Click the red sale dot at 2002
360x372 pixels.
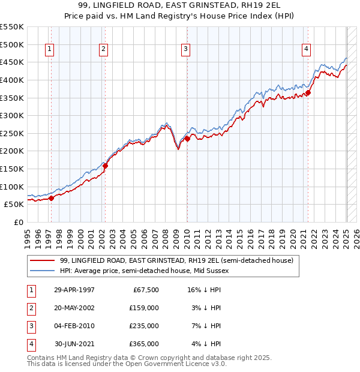click(x=105, y=166)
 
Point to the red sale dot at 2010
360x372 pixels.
click(x=187, y=139)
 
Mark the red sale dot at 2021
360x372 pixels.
click(x=308, y=92)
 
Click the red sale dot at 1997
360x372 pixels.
click(x=51, y=198)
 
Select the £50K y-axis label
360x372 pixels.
click(x=14, y=205)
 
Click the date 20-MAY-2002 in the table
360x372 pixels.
click(x=74, y=308)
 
